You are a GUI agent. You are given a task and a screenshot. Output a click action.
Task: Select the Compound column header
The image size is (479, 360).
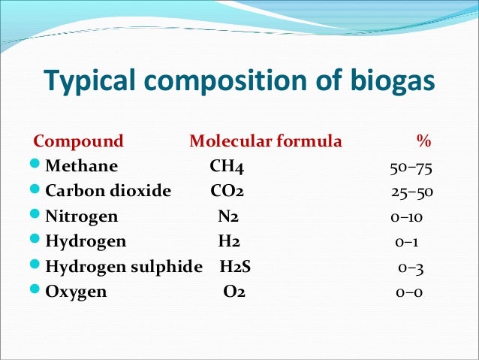coord(79,141)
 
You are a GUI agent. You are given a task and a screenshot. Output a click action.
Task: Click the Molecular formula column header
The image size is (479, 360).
coord(265,141)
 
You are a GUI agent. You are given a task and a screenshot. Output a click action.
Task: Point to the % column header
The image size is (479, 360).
coord(423,141)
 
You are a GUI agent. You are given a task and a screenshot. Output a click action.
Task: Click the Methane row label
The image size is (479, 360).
coord(81,166)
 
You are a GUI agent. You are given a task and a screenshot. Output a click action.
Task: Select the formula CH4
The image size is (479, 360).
coord(227,166)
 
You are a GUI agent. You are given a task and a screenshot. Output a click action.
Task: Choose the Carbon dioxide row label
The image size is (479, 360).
coord(108,191)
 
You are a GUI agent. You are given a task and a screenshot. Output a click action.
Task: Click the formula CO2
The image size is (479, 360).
coord(227,191)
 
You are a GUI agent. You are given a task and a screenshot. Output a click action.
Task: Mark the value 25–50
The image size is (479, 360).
coord(411,192)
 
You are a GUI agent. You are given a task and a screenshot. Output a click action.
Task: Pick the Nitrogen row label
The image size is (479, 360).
coord(82,216)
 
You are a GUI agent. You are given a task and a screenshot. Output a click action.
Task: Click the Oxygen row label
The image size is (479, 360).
coord(76,292)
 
